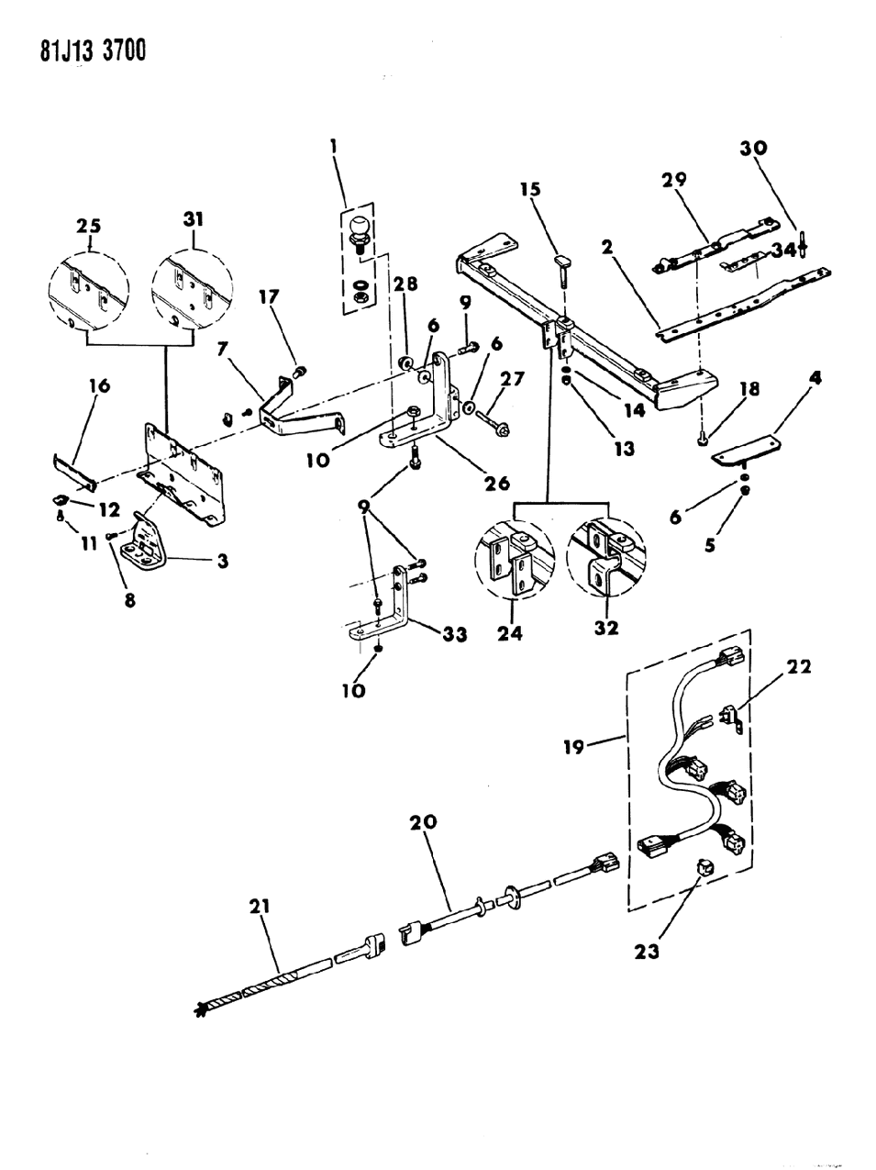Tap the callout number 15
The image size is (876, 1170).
coord(530,190)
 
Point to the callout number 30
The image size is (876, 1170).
coord(757,149)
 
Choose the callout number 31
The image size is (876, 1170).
coord(194,219)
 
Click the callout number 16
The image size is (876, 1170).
coord(99,386)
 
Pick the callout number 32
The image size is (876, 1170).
coord(606,629)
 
